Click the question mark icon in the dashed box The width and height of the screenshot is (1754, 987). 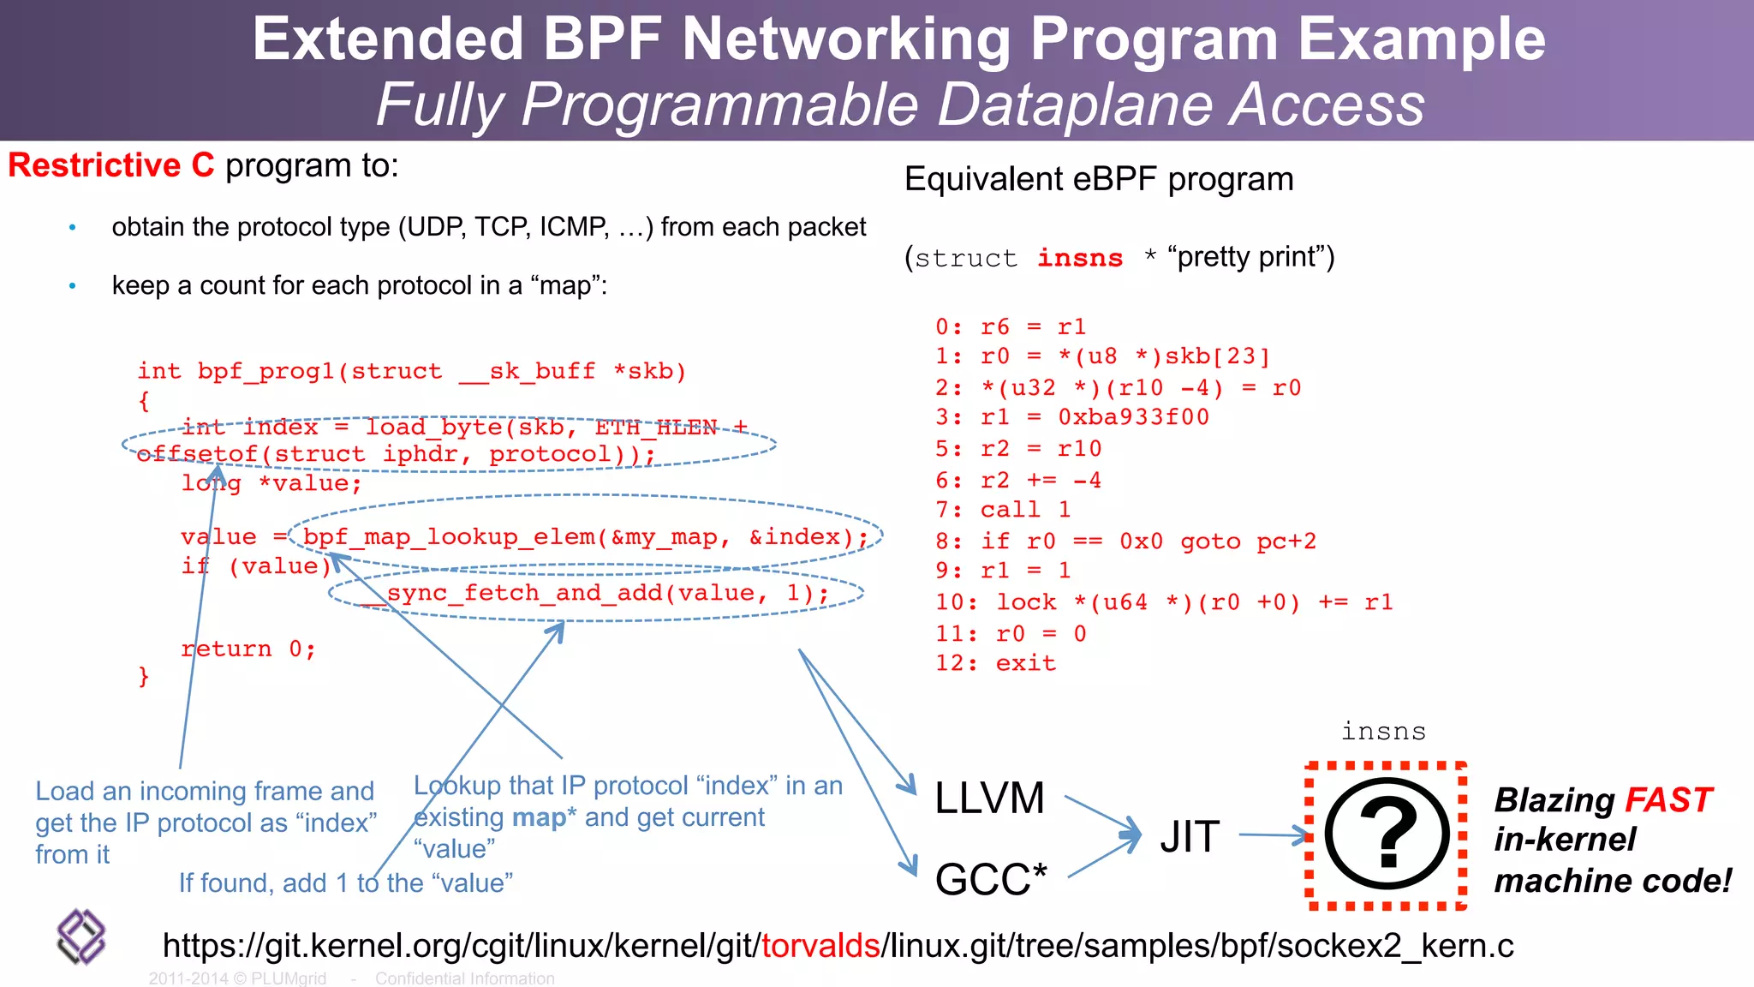point(1387,834)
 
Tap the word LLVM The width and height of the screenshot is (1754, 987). point(989,799)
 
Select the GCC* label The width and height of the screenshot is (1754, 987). point(991,879)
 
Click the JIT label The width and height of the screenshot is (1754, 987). point(1190,836)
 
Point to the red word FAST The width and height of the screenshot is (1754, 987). point(1668,800)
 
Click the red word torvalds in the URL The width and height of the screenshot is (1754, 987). point(820,945)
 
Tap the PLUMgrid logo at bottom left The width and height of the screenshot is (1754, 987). point(81,936)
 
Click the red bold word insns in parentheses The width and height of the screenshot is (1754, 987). point(1080,258)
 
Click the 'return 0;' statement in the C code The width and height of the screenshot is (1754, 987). point(248,649)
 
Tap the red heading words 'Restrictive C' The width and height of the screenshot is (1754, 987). point(111,164)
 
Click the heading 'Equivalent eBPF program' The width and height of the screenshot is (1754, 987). point(1099,179)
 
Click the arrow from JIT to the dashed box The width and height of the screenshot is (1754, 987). point(1274,834)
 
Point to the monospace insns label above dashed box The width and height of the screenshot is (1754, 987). point(1383,731)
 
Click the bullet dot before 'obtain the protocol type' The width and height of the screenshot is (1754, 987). point(73,228)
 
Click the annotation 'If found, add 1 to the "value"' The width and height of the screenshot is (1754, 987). point(345,882)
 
